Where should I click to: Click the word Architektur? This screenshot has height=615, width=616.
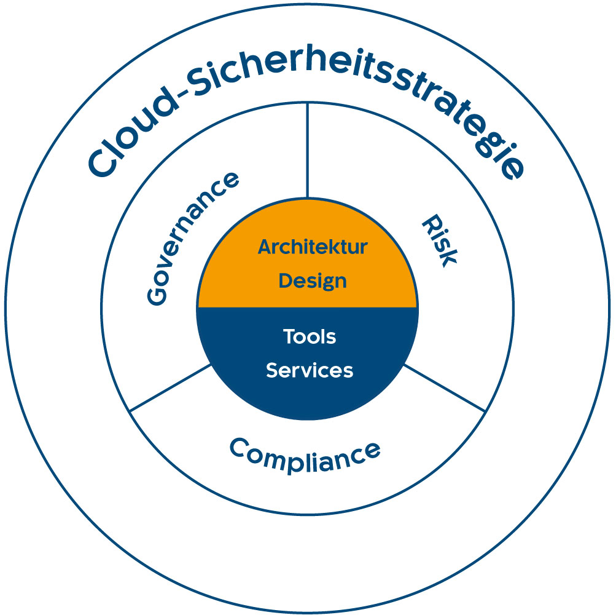313,247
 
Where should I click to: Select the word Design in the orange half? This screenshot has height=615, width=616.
313,282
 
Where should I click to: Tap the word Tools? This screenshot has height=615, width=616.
310,337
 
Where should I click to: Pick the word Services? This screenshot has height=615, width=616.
310,371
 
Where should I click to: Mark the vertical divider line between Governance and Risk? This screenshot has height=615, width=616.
307,150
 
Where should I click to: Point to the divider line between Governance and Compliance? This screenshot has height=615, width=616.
170,388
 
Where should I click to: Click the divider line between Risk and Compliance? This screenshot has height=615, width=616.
445,388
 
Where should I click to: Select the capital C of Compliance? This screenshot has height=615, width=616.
239,447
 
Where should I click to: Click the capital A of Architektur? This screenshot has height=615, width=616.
265,247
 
